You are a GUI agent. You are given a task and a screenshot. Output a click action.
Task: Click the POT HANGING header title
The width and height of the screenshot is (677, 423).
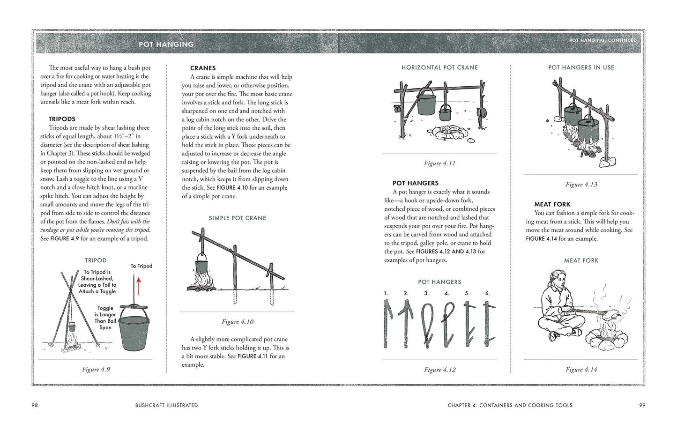point(166,44)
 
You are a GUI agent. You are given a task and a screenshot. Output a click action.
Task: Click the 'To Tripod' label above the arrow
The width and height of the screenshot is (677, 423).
point(141,266)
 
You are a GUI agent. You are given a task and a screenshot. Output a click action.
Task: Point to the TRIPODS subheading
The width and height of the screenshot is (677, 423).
point(62,119)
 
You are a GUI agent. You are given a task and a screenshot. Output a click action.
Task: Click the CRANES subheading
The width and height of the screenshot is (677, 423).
point(203,68)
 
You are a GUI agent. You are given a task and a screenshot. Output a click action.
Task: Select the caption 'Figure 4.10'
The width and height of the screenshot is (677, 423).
point(238,322)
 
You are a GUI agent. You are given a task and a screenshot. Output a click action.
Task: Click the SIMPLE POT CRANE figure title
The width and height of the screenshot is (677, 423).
point(238,218)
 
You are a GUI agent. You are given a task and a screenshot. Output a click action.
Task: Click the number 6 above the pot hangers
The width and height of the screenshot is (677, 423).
point(487,293)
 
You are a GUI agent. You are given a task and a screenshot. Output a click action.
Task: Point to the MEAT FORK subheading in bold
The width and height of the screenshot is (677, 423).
point(552,204)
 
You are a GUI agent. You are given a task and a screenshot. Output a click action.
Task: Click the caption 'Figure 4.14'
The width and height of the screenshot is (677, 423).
point(581,370)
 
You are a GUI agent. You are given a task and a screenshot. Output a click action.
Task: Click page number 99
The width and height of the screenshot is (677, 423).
point(642,405)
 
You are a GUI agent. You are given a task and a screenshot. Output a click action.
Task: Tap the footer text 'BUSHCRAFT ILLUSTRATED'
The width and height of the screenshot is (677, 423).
point(166,405)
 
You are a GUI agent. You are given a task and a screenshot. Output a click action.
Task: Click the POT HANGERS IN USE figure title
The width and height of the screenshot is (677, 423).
point(581,67)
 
